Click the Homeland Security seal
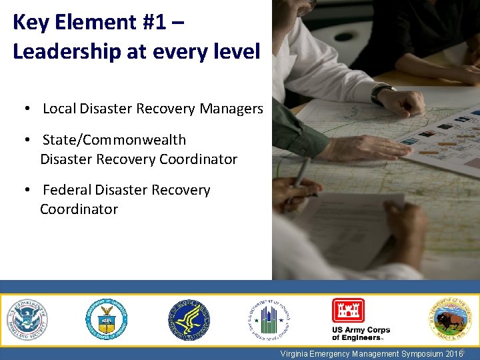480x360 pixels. (x=27, y=319)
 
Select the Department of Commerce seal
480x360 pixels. (x=106, y=319)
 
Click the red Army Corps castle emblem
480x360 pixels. (x=348, y=311)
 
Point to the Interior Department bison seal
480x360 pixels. (x=449, y=319)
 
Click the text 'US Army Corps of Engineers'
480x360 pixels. (x=361, y=333)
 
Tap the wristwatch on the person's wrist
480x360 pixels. (x=382, y=93)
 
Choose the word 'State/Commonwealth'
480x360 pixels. (x=114, y=140)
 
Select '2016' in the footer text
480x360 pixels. (x=453, y=354)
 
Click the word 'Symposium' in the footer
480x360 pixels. (x=420, y=354)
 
